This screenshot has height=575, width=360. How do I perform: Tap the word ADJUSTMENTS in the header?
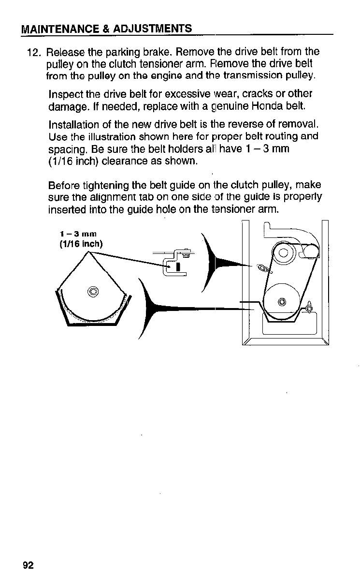point(154,28)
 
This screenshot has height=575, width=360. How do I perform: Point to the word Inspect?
point(65,94)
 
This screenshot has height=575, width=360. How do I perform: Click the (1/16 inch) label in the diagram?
point(79,243)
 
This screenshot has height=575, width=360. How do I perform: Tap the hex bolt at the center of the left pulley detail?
point(93,291)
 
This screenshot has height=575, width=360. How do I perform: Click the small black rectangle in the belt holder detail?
point(178,266)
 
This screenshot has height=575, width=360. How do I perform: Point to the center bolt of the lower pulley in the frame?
point(282,302)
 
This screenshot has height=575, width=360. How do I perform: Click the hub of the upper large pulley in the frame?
point(283,252)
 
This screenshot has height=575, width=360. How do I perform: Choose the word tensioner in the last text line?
point(229,210)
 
